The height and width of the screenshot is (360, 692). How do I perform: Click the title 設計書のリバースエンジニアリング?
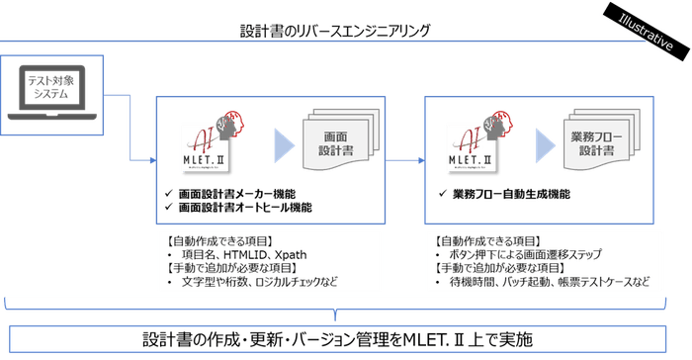335,31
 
